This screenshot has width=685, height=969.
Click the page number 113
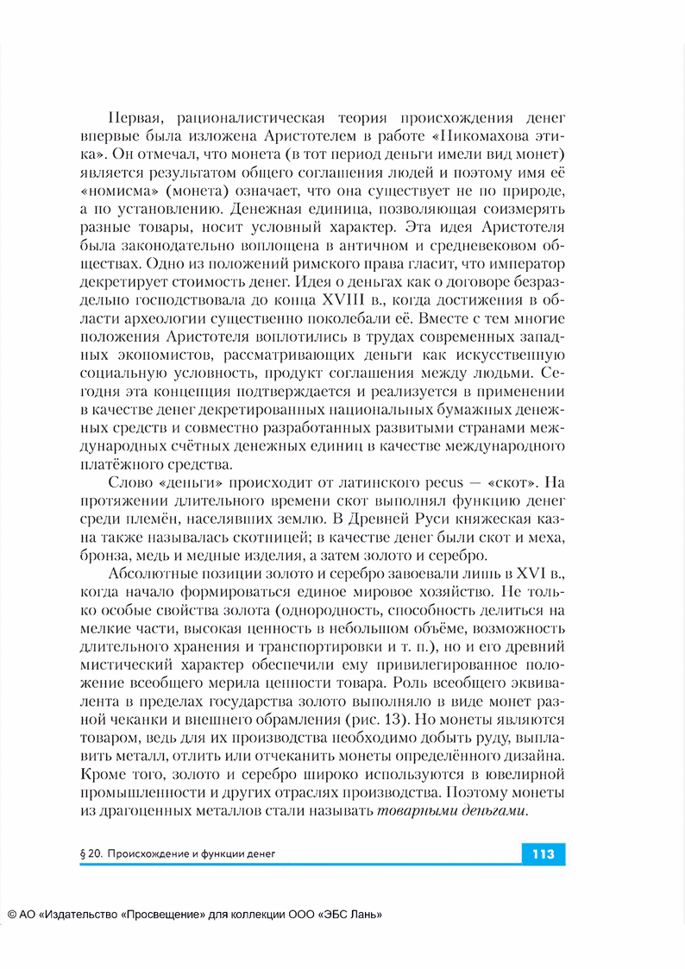[543, 854]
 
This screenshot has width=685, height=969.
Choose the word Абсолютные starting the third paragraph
[157, 575]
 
